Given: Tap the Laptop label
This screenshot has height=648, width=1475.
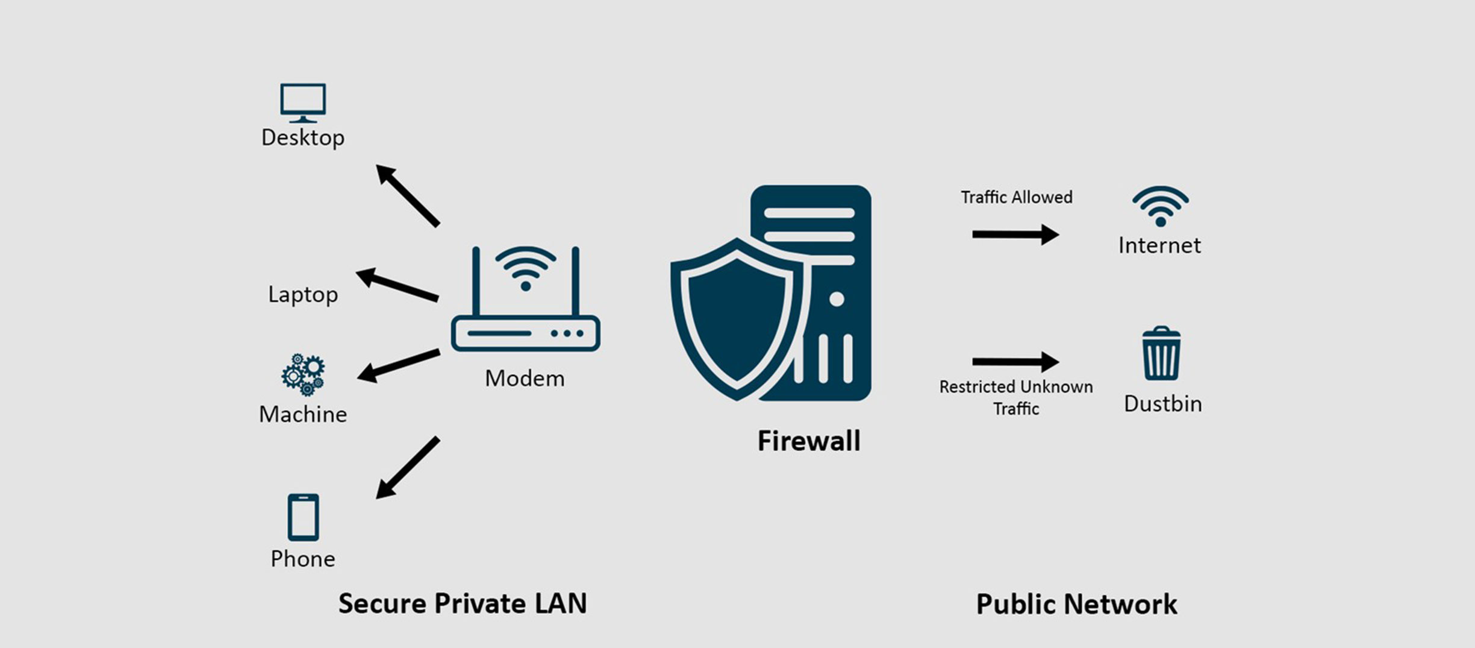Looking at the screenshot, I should [303, 295].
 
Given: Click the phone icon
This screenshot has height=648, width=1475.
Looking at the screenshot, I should [303, 517].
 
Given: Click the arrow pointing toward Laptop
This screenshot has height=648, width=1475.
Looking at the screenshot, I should [397, 285].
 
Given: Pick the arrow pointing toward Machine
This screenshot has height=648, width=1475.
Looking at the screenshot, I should [398, 365].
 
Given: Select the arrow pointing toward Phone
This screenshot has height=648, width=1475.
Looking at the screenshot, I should [407, 468].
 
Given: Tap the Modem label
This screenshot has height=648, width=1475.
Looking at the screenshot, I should [525, 379].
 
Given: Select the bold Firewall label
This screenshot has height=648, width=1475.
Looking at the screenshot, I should [808, 441].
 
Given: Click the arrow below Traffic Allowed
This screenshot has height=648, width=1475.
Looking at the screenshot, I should [1015, 234].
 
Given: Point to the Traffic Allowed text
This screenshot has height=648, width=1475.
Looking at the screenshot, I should [1016, 197].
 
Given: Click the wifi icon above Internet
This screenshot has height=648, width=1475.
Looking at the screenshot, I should [1160, 206].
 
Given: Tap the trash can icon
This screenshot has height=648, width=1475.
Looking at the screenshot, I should [1161, 354].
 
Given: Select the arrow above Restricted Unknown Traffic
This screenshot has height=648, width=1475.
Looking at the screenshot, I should [1015, 362].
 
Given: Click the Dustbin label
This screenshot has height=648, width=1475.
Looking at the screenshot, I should [1162, 404].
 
